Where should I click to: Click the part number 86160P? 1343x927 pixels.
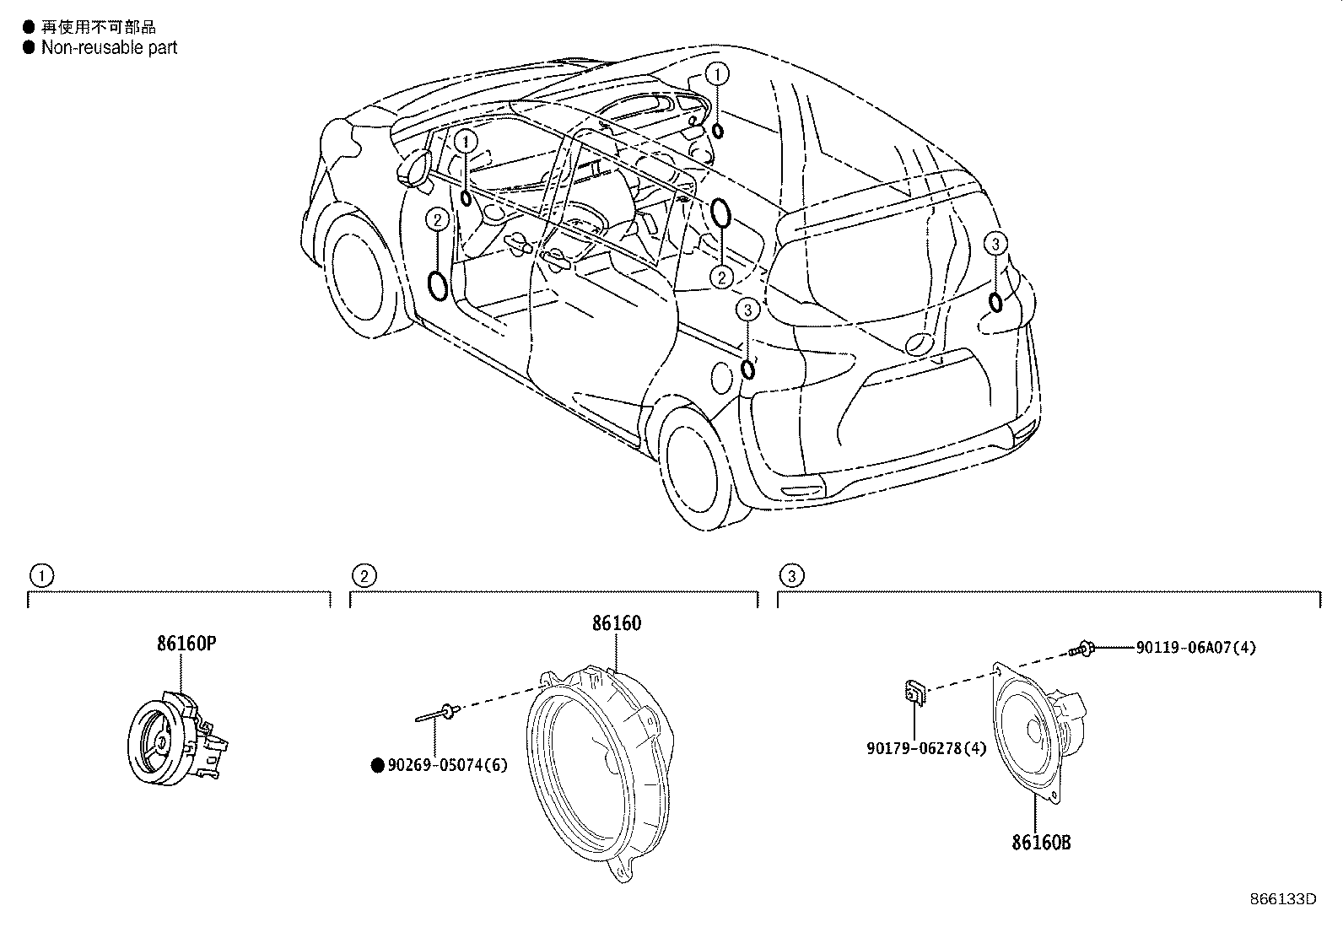tap(186, 644)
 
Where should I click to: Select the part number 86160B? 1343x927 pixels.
tap(1042, 842)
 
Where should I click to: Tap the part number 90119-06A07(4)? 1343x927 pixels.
tap(1196, 648)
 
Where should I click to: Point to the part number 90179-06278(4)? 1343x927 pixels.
tap(925, 748)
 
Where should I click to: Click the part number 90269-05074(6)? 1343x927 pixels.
tap(447, 766)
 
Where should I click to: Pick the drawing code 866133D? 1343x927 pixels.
tap(1283, 898)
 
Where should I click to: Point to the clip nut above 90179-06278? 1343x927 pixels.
tap(914, 693)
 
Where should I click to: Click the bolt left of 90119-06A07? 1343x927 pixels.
tap(1081, 649)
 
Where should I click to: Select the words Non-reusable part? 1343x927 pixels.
tap(110, 48)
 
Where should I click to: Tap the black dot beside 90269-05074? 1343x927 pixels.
tap(378, 766)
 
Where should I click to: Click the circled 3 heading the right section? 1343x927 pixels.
tap(790, 577)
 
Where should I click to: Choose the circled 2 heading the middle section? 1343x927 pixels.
tap(364, 577)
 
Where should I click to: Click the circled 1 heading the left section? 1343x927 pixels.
tap(40, 577)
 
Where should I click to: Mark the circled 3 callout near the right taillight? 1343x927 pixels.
tap(995, 245)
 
